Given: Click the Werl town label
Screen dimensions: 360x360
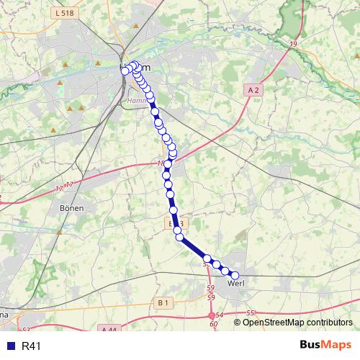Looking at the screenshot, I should (x=236, y=283).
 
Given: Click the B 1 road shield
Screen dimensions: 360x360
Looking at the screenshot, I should (x=163, y=303).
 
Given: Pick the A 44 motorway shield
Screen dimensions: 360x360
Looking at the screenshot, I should (x=109, y=330).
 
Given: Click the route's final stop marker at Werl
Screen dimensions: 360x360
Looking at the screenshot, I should (x=234, y=274).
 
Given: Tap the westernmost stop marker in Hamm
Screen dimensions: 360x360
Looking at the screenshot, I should (x=125, y=71).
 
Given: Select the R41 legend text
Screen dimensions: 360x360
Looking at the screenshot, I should (x=32, y=346).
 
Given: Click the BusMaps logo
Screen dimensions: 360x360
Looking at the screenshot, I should (x=325, y=346).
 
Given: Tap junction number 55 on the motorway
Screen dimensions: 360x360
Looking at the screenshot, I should (x=251, y=312).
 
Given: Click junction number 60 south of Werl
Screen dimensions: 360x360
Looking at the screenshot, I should (x=214, y=324).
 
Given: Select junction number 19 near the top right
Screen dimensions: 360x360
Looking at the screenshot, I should (x=293, y=45).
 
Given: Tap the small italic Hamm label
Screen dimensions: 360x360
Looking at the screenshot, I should (x=136, y=102).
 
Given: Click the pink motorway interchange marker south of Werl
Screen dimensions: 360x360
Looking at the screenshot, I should (x=212, y=315).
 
